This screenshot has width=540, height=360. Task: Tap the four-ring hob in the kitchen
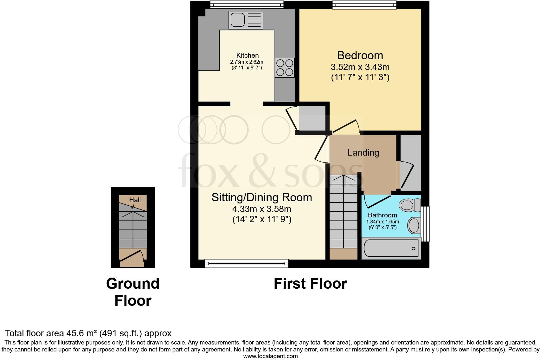pos(285,67)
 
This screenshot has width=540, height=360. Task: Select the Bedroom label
pos(360,55)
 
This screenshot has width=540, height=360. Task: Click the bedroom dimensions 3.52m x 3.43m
pos(360,67)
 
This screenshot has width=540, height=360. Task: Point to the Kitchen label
pos(248,55)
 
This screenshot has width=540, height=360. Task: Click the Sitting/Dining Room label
pos(262,197)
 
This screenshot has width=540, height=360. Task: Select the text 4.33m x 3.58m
pos(262,209)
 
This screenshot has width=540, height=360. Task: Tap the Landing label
pos(363,153)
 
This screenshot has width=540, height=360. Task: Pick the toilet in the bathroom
pos(409,205)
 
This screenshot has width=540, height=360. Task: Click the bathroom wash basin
pos(414,225)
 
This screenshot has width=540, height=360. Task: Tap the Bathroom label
pos(382,215)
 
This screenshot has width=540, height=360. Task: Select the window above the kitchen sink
pos(247,4)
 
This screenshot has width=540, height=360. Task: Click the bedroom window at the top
pos(364,4)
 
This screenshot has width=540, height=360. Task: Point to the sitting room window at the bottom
pos(247,263)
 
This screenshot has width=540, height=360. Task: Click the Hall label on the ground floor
pos(135,200)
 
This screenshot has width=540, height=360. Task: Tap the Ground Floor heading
pos(133,292)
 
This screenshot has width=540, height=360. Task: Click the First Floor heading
pos(310,284)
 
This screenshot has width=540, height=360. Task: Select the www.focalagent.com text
pos(270,356)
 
